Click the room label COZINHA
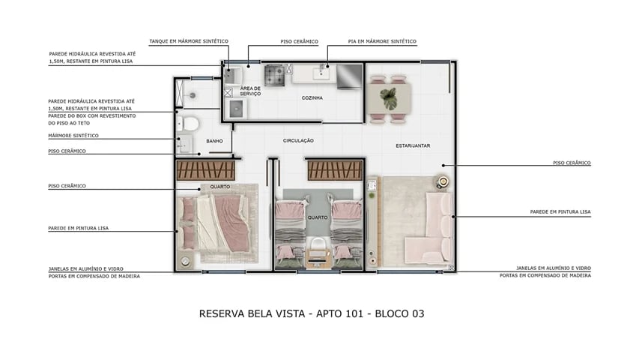click(x=312, y=98)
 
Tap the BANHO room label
click(x=215, y=140)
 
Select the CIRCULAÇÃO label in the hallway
click(x=298, y=140)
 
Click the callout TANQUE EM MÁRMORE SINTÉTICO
click(x=189, y=41)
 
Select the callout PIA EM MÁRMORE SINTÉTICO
click(x=382, y=41)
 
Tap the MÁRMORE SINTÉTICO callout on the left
click(x=73, y=136)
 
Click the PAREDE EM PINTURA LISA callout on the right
click(x=560, y=212)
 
